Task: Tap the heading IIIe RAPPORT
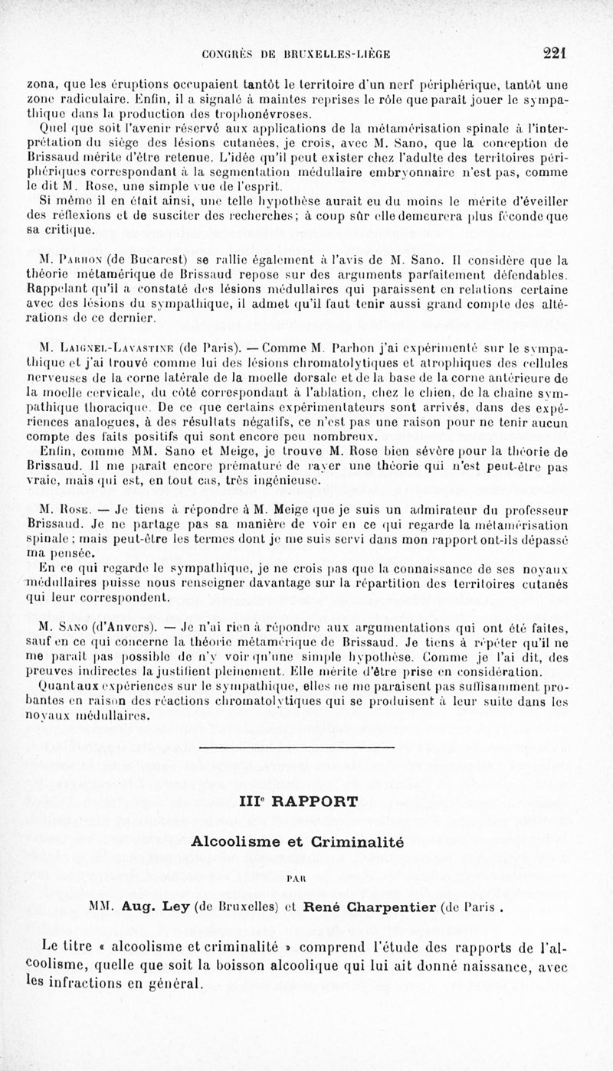click(298, 802)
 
